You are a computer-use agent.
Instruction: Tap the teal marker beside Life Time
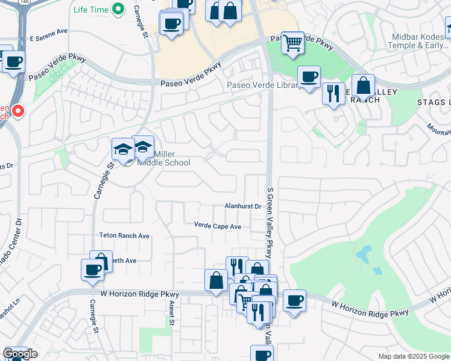point(119,9)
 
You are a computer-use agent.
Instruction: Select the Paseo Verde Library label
point(263,85)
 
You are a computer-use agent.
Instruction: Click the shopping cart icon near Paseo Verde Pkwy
point(292,42)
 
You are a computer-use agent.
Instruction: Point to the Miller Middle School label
point(164,158)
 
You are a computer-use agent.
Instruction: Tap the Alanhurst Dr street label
point(242,206)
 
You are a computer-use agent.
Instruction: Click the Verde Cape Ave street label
point(217,226)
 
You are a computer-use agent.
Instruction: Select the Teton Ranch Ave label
point(124,236)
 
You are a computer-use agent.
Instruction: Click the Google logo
point(20,354)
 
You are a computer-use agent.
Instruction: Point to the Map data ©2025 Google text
point(413,356)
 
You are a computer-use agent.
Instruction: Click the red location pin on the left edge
point(18,111)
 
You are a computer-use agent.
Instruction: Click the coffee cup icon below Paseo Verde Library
point(309,76)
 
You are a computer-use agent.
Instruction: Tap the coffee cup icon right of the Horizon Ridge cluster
point(294,301)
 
